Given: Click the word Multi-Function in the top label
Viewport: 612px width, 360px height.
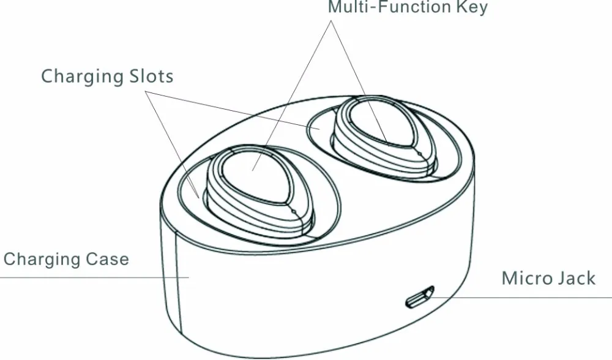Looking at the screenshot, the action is click(389, 7).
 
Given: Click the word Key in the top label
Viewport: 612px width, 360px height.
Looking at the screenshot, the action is click(472, 7).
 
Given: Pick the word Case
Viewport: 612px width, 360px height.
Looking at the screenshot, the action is click(108, 259).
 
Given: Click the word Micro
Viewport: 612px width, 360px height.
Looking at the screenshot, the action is click(526, 278).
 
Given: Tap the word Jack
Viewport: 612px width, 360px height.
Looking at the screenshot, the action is click(577, 278).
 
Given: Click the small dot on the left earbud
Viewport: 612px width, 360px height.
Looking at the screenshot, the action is click(294, 212).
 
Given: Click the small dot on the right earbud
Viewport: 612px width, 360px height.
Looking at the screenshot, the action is click(420, 154).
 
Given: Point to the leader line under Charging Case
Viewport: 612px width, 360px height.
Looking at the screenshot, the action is click(94, 277).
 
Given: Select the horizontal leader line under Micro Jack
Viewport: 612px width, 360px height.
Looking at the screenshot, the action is click(519, 298).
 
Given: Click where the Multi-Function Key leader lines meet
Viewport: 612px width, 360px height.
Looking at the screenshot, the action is click(331, 21).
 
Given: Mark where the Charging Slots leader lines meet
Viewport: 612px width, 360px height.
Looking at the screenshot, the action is click(146, 92).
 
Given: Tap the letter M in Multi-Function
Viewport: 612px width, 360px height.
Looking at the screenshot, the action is click(335, 7).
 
